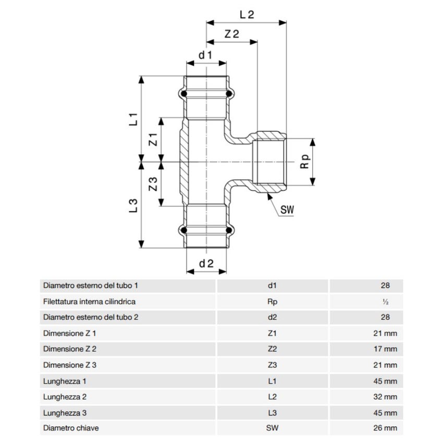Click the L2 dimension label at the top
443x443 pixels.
tap(247, 15)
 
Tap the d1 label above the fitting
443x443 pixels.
tap(205, 55)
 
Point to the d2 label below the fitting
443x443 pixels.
tap(206, 264)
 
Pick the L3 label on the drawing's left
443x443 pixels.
tap(133, 205)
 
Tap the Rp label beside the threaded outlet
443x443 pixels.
tap(305, 162)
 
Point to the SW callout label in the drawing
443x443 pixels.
tap(287, 211)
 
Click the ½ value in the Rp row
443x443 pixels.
tap(385, 302)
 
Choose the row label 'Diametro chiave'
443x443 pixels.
tap(71, 428)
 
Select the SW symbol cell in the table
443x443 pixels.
tap(272, 428)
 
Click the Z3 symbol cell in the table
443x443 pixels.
tap(272, 365)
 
